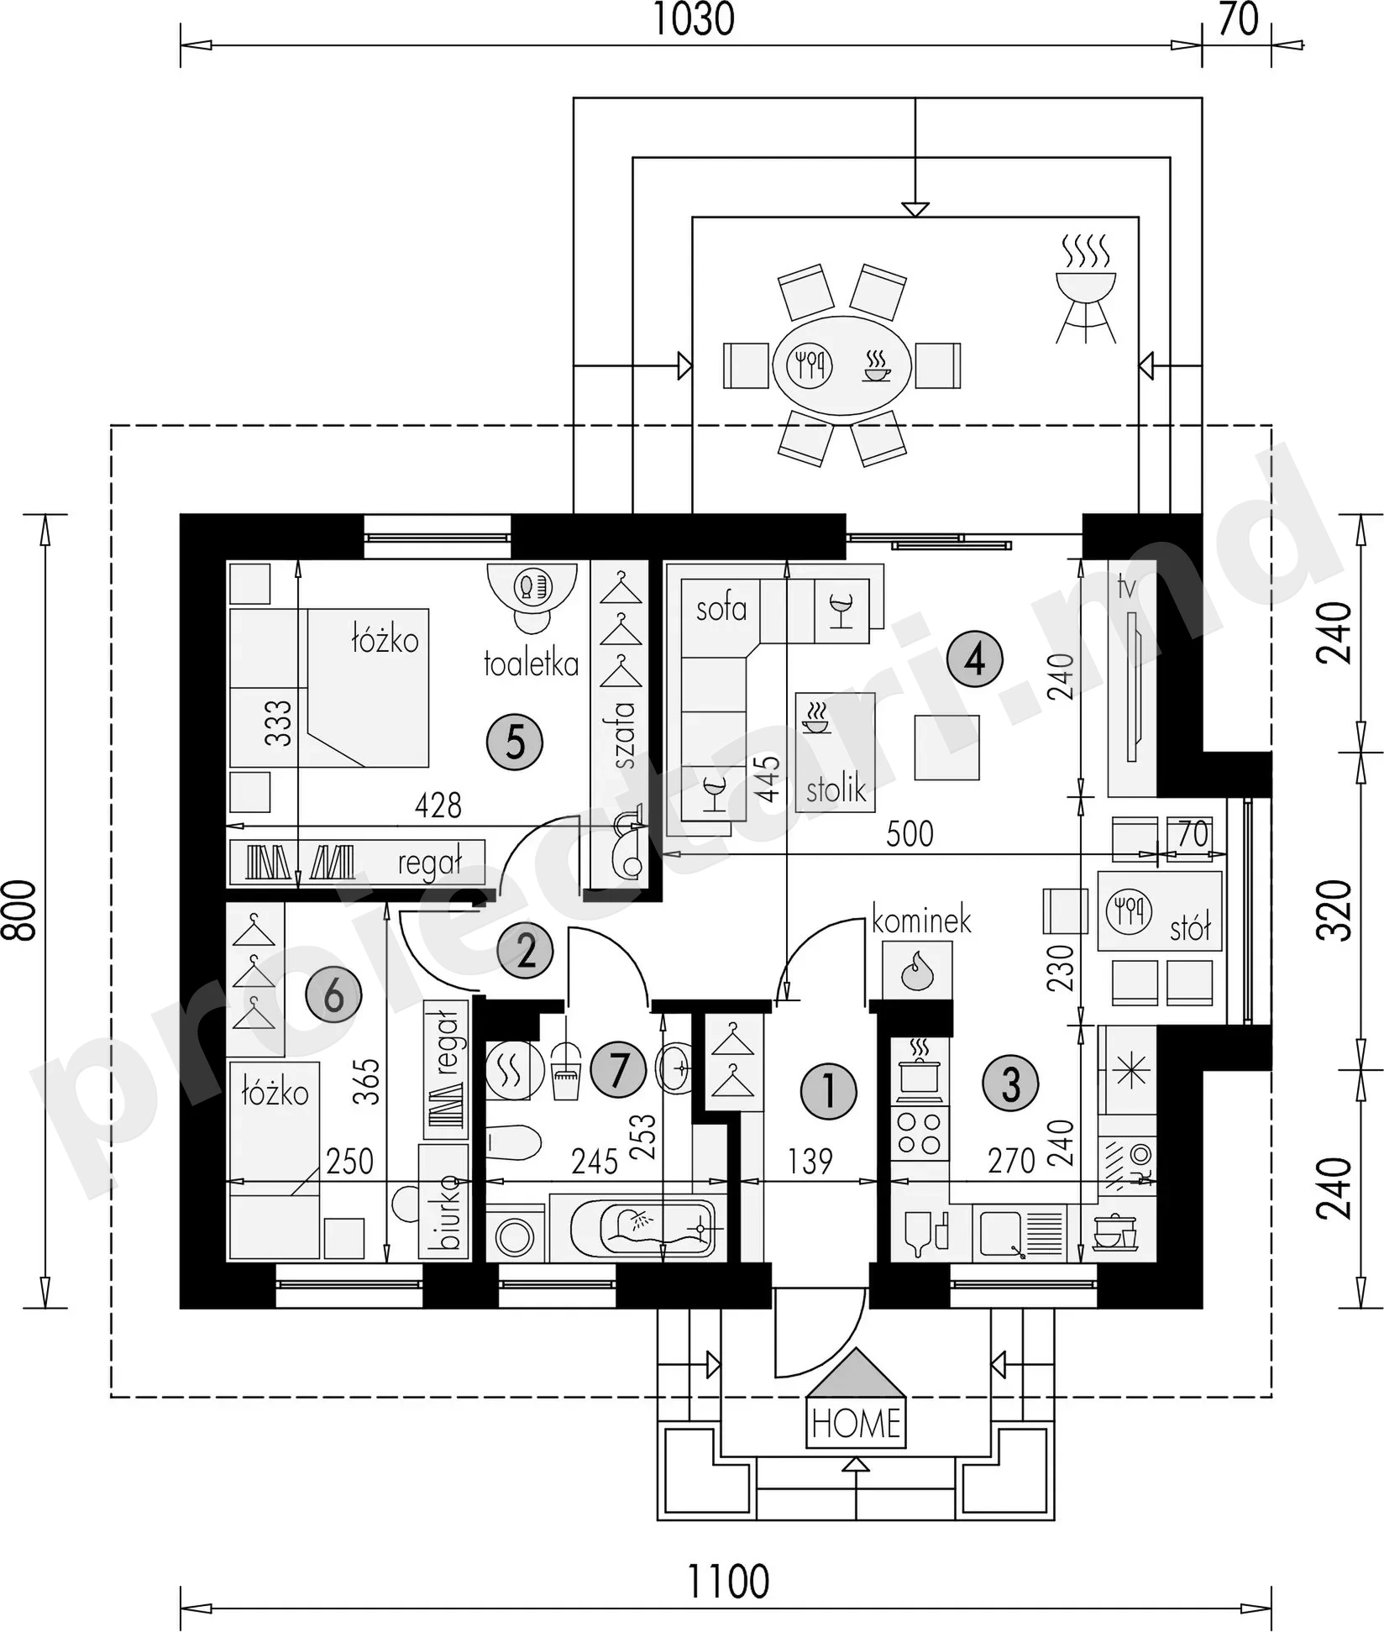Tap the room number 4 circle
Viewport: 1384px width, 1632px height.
click(x=974, y=659)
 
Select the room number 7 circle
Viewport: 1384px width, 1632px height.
click(x=618, y=1071)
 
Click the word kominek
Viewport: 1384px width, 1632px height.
click(x=921, y=921)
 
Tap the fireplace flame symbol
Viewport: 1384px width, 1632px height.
click(x=917, y=970)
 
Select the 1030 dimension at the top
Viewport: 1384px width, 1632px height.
click(x=694, y=20)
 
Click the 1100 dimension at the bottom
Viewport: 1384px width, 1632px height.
click(x=728, y=1582)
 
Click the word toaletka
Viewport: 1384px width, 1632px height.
click(x=531, y=664)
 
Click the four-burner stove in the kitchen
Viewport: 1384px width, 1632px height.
click(x=920, y=1133)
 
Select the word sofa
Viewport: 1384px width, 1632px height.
click(x=721, y=608)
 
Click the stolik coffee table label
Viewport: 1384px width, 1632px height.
click(x=836, y=790)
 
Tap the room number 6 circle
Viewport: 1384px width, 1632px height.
click(x=333, y=996)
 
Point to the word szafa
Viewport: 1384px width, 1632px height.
click(x=624, y=736)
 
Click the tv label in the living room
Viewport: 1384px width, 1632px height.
click(x=1126, y=586)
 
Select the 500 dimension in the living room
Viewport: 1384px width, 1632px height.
click(x=910, y=833)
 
